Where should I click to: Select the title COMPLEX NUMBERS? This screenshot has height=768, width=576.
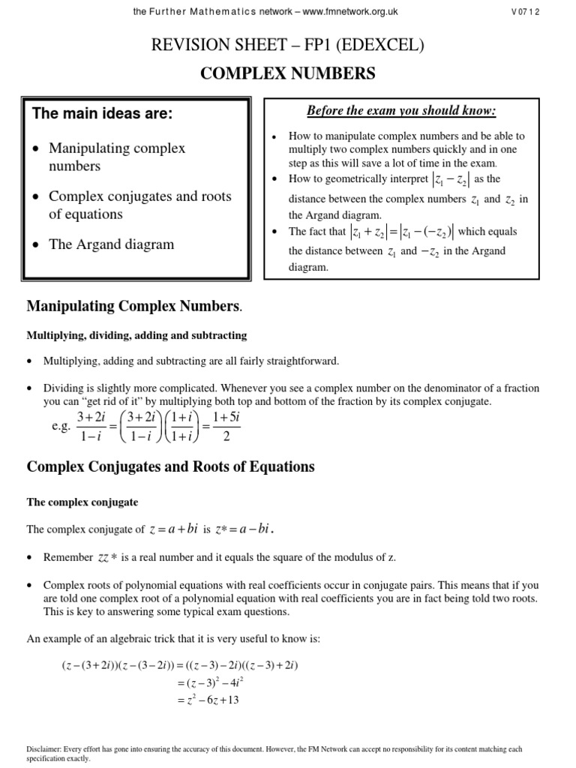(x=287, y=73)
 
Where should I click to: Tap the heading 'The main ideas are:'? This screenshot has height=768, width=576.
(x=103, y=114)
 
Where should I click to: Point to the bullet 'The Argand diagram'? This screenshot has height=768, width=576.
(x=111, y=244)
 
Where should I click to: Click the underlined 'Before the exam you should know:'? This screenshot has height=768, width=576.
(x=401, y=111)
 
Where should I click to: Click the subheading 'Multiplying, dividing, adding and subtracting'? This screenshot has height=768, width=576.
(x=136, y=335)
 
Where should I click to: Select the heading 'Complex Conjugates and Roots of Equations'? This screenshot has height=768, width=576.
(x=170, y=466)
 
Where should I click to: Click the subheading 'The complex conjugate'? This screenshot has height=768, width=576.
(x=82, y=502)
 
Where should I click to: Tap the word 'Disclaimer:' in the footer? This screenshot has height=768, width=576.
(x=44, y=749)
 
